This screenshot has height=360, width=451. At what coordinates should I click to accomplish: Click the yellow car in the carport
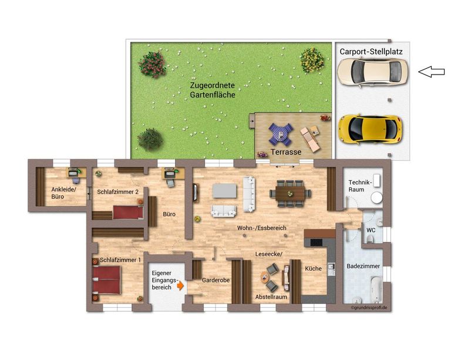point(369,127)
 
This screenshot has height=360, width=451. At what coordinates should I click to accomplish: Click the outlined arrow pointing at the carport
point(431,72)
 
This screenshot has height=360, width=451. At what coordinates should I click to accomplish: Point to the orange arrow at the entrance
point(181,285)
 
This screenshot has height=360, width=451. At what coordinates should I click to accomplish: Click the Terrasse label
point(287,152)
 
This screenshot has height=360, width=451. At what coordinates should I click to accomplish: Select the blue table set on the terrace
point(280,134)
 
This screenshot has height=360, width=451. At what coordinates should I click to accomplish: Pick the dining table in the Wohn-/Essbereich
point(290,193)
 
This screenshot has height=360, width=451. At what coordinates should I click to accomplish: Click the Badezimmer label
point(364,266)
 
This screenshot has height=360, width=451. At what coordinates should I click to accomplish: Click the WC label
point(371,230)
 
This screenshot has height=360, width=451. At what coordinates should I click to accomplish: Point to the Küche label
point(313,268)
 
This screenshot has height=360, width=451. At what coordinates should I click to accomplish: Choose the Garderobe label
point(216,280)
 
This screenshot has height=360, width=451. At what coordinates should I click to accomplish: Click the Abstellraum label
point(271,297)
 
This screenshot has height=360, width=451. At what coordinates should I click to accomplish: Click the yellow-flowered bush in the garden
point(312,59)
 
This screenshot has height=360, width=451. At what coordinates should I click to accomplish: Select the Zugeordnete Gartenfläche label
point(213,90)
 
